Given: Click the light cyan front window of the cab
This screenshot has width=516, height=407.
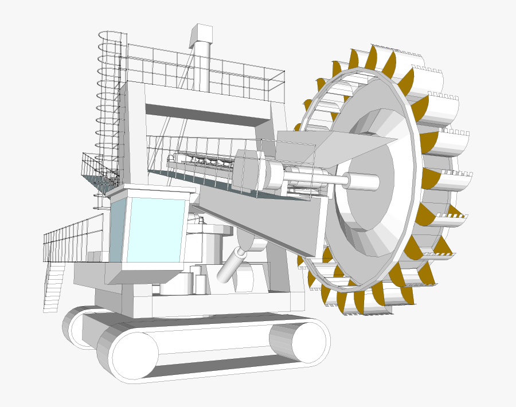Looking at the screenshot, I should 155,229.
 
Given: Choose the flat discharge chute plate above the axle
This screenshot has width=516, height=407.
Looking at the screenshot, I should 350,146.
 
